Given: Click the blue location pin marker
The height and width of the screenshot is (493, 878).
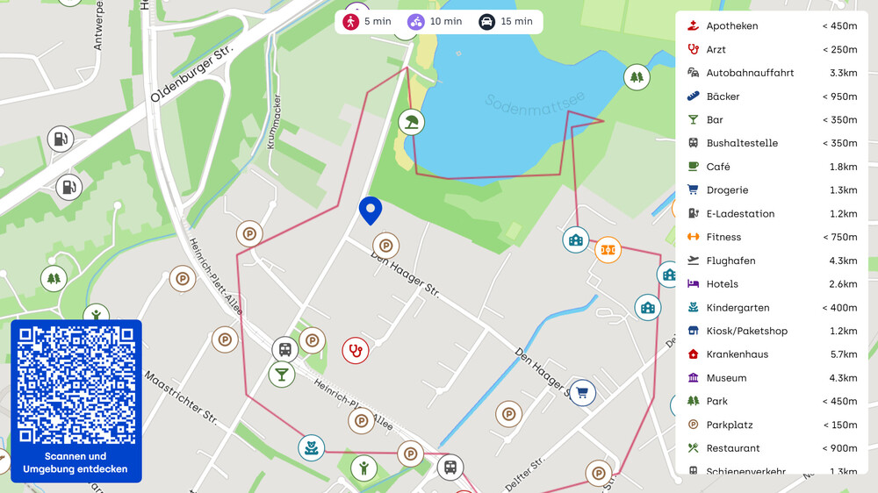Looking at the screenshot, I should coord(371,211).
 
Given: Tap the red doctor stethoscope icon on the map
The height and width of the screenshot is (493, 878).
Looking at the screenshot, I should coord(355,351).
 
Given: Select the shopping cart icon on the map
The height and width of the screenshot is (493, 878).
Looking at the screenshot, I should coord(582,392).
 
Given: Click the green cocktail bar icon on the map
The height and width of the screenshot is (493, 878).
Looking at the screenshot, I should coord(282,374).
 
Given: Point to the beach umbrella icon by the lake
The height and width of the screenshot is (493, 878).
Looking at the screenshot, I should coord(410,121).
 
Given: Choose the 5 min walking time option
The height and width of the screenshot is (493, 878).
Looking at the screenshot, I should coord(368,22).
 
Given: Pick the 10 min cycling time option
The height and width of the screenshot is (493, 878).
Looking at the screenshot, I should coord(435,22).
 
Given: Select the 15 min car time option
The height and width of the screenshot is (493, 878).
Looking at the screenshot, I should coord(507,22).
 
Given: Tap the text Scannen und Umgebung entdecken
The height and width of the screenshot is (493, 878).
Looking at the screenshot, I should coord(76,462).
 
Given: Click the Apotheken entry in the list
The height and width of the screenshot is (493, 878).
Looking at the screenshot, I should coord(731,26).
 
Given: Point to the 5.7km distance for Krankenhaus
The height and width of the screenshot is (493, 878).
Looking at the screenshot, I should coord(843,354).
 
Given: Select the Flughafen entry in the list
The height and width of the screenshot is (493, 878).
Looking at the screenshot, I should coord(730,261).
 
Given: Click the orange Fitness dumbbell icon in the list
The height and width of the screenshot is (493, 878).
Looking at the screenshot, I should coord(693,237).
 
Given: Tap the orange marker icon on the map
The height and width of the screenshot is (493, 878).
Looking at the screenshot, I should coord(608,250).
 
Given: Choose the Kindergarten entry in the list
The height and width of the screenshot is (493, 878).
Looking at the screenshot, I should coord(738,308).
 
